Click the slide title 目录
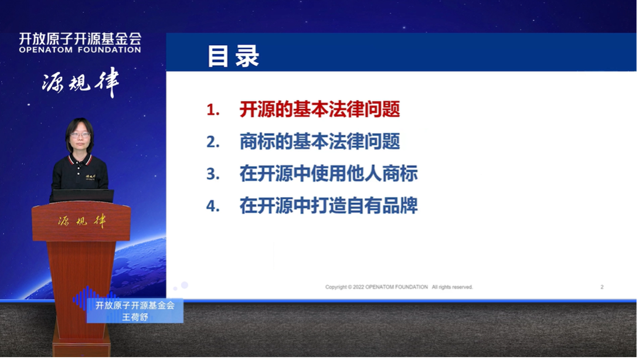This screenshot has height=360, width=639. click(x=233, y=56)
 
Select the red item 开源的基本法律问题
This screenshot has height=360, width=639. click(x=319, y=110)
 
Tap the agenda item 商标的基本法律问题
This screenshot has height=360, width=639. click(x=319, y=141)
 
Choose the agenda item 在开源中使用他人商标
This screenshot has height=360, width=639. click(x=328, y=174)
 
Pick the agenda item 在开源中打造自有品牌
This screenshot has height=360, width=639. click(x=328, y=206)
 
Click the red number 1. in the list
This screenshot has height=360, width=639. click(x=213, y=110)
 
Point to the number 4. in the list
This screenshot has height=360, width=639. click(x=213, y=206)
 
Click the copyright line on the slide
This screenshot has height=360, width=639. click(x=399, y=287)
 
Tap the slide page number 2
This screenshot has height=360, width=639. click(x=602, y=287)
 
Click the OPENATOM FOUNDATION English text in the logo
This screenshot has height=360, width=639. click(x=80, y=50)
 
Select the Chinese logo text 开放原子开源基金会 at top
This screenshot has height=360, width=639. click(x=80, y=39)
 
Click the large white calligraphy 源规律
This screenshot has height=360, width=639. click(x=81, y=83)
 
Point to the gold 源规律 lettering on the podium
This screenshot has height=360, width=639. click(x=81, y=221)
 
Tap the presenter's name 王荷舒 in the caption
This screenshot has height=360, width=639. click(x=135, y=317)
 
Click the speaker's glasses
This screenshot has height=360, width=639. click(x=80, y=135)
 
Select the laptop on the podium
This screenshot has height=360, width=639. click(x=81, y=196)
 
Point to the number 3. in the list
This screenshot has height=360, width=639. click(x=213, y=174)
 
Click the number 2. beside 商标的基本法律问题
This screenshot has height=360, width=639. click(x=213, y=142)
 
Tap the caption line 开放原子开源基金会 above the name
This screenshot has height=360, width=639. click(x=135, y=305)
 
